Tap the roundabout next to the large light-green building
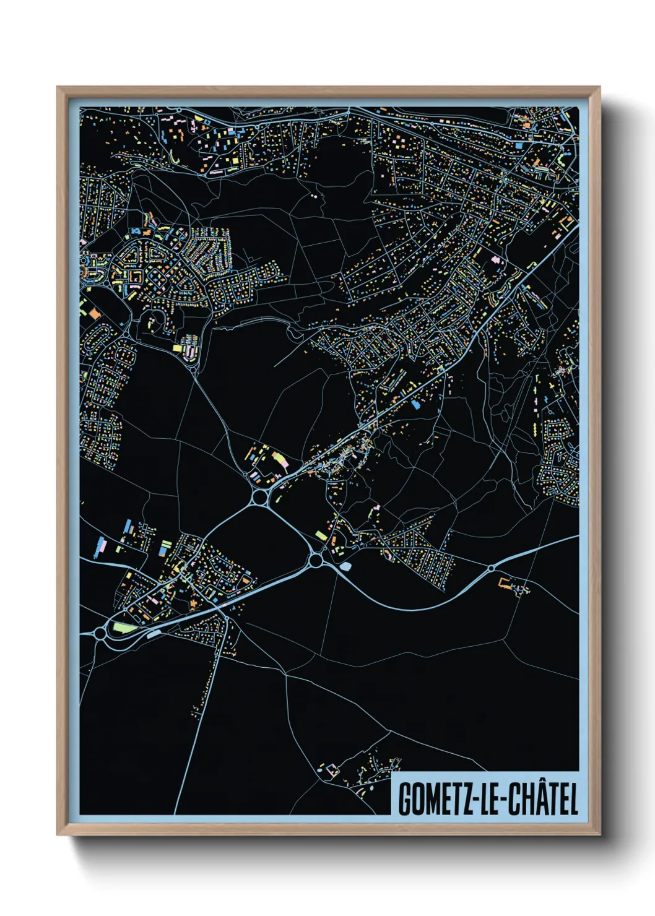[100, 633]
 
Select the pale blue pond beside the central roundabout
[345, 566]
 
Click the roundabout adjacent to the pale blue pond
[316, 561]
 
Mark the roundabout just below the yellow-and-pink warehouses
[260, 497]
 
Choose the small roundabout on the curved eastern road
[491, 568]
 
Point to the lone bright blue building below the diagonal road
[415, 405]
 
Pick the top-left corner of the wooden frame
[58, 88]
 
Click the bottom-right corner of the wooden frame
[599, 834]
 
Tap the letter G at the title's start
[404, 800]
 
